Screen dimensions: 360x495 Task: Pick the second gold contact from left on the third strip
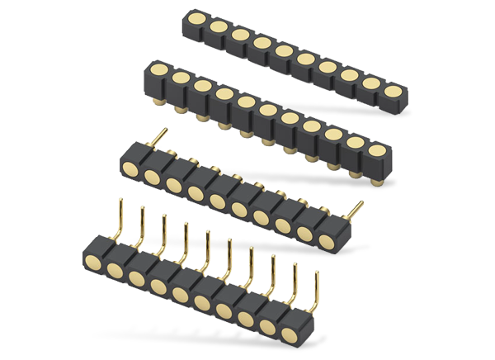153,175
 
